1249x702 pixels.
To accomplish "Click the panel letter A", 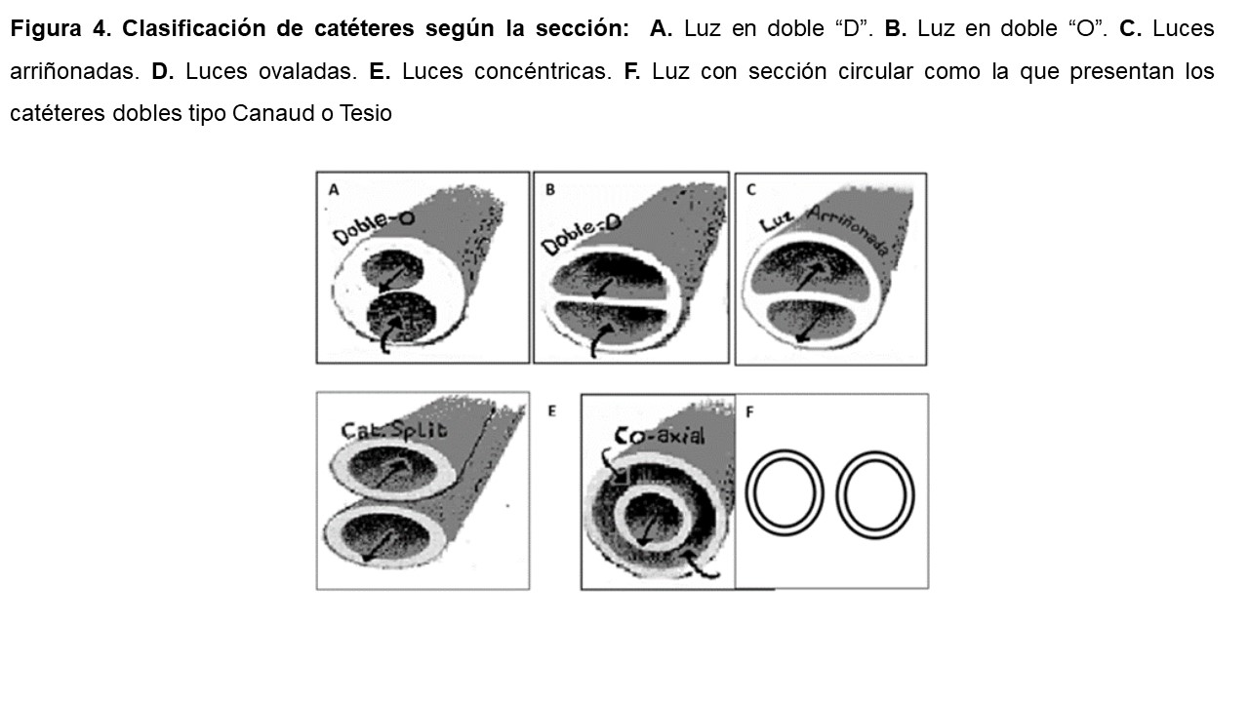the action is (334, 190).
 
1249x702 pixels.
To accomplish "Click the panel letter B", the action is (549, 190).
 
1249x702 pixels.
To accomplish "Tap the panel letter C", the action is (751, 190).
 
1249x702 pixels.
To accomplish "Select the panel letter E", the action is (551, 411).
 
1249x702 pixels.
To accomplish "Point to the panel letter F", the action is (749, 411).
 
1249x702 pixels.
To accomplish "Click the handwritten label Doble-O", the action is (374, 227).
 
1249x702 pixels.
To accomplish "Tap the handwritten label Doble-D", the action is (582, 235).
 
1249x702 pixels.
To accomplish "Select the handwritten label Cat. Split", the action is (394, 431).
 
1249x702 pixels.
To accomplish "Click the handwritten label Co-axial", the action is (659, 435).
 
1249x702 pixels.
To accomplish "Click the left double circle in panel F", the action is (784, 492).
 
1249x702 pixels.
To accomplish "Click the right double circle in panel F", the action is (875, 494).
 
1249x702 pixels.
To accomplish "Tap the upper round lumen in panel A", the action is (392, 270).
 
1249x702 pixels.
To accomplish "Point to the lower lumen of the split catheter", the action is (385, 537).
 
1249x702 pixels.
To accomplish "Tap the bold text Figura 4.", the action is (60, 29).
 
